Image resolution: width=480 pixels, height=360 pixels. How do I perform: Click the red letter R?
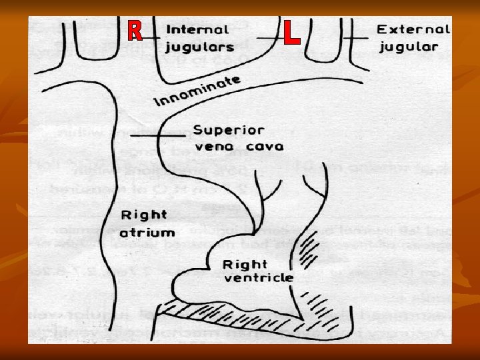135,29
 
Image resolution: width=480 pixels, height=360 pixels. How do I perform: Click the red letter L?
291,33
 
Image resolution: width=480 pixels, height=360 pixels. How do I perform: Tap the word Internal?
197,30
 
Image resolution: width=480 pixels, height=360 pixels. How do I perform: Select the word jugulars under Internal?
200,47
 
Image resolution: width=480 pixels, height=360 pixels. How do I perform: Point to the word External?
413,30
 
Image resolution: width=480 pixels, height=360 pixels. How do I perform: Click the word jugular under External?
409,47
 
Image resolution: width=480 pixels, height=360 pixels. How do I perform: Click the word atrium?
147,233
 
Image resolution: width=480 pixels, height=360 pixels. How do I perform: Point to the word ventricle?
259,277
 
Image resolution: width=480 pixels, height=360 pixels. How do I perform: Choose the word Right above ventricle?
246,264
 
